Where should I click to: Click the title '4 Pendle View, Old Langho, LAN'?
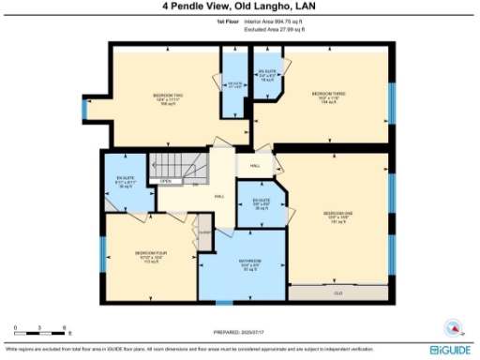[239, 7]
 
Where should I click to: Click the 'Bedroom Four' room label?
[150, 256]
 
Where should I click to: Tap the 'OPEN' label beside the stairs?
[165, 181]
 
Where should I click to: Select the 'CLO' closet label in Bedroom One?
[337, 292]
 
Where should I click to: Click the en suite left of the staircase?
[127, 181]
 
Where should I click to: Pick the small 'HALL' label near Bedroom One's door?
[254, 166]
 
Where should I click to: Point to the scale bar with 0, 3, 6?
[39, 333]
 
